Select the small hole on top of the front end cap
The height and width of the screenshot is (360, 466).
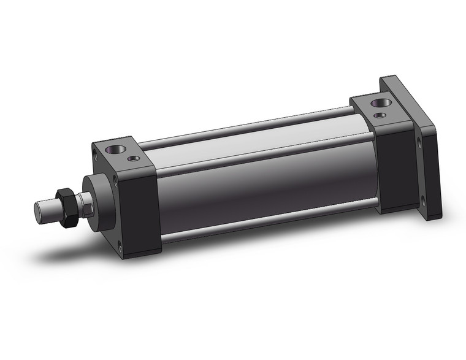pyautogui.click(x=132, y=159)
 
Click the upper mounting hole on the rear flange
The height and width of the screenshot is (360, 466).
pyautogui.click(x=419, y=145)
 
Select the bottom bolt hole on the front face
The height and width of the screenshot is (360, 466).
pyautogui.click(x=120, y=247)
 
